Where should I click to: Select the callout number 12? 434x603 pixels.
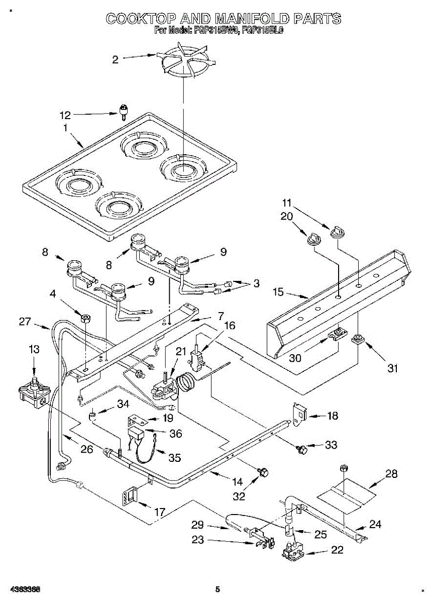(x=65, y=115)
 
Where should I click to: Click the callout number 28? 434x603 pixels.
(x=391, y=474)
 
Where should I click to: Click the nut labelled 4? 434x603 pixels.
(x=85, y=318)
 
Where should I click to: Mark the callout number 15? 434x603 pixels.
(x=278, y=291)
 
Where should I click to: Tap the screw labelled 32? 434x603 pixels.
(x=263, y=472)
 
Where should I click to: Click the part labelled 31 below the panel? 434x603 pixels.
(x=358, y=340)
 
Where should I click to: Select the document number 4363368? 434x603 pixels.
(x=24, y=589)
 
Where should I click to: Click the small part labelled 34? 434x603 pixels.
(x=93, y=416)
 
